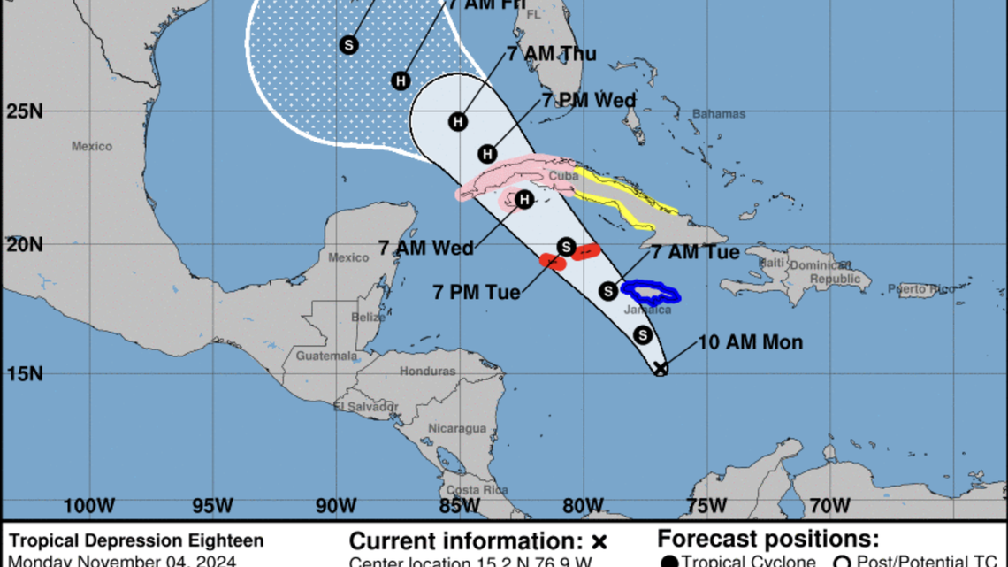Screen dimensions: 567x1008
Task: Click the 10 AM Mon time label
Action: [x=750, y=342]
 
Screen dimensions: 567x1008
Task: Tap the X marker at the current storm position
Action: [x=660, y=369]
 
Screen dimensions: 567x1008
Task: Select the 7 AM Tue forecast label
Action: [x=695, y=252]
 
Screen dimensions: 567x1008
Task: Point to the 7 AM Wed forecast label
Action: [x=426, y=249]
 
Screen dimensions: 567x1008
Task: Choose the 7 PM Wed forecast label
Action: [x=589, y=101]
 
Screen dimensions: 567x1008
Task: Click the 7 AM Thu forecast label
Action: [x=552, y=54]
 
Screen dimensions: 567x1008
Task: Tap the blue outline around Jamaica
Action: [x=650, y=291]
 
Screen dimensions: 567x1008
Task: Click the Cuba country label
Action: [x=563, y=176]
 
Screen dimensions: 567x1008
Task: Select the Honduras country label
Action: [x=427, y=372]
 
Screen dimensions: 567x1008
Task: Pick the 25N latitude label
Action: [x=25, y=112]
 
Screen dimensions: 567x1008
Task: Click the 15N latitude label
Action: [x=25, y=373]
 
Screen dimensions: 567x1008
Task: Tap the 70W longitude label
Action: [x=829, y=506]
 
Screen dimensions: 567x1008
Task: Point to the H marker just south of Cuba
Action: [x=523, y=200]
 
